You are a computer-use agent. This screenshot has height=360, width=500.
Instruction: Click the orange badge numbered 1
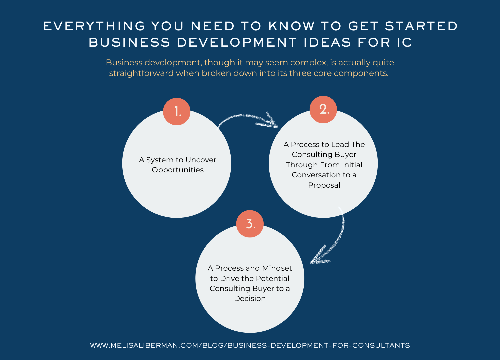177,112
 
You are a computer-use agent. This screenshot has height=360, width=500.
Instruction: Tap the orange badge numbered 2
323,110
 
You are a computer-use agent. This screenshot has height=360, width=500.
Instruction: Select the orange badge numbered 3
250,224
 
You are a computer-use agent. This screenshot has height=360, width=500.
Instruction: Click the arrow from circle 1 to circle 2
248,119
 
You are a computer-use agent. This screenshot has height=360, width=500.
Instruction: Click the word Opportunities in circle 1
178,170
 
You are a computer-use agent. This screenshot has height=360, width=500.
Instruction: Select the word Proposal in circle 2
324,185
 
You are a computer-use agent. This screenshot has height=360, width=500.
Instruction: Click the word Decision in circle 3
250,299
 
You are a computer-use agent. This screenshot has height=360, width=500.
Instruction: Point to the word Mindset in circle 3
277,268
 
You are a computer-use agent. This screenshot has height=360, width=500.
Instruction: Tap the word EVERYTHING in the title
94,26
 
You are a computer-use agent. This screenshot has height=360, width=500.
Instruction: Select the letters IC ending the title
404,43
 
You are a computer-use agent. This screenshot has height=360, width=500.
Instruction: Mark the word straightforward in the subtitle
141,73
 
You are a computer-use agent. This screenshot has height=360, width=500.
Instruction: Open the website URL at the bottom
250,346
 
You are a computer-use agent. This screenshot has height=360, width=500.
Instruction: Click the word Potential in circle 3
272,279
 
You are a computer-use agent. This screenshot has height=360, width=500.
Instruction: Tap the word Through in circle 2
301,165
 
